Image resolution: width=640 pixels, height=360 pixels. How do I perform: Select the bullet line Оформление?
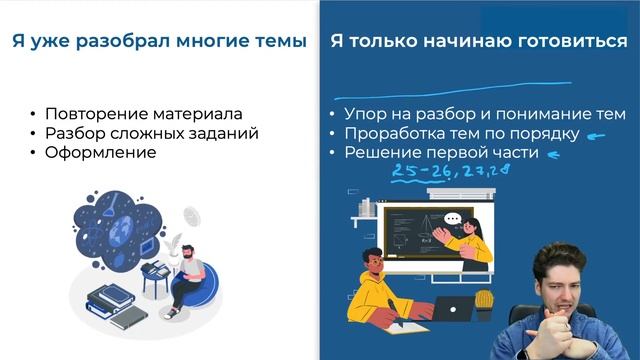100,152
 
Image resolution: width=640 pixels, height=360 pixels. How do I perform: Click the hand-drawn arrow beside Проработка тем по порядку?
598,137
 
